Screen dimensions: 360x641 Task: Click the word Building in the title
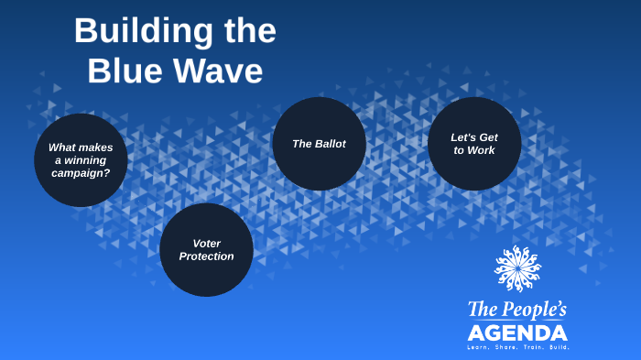(133, 31)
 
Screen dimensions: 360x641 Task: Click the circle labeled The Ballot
(319, 144)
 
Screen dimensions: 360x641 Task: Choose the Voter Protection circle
(206, 249)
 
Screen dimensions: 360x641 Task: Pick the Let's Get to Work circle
(474, 144)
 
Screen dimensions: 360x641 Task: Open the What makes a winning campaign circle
(81, 160)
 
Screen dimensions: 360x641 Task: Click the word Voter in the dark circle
(206, 243)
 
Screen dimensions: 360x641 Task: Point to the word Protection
(206, 256)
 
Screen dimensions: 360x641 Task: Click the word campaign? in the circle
(81, 172)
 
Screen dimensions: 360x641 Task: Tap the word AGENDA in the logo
(517, 332)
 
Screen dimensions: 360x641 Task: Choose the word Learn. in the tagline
(480, 347)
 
